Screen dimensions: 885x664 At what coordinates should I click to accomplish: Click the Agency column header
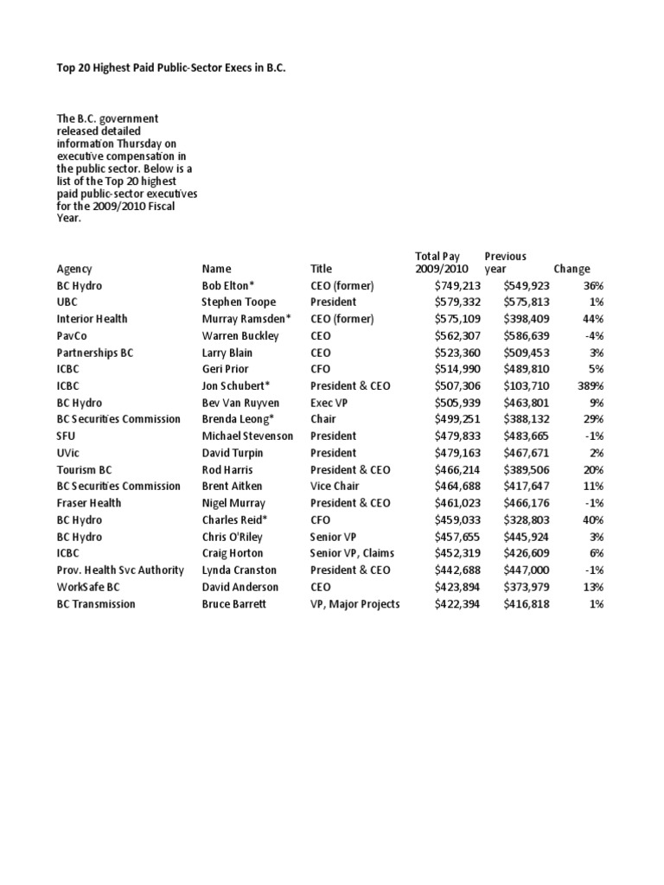pos(74,269)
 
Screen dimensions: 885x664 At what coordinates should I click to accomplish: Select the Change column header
pos(571,269)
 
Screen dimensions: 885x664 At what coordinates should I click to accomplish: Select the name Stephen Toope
pos(239,302)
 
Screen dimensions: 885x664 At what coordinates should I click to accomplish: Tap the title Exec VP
pos(333,402)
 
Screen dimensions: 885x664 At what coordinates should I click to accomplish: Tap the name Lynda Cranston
pos(239,570)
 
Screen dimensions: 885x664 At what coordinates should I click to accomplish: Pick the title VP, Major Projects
pos(354,603)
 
